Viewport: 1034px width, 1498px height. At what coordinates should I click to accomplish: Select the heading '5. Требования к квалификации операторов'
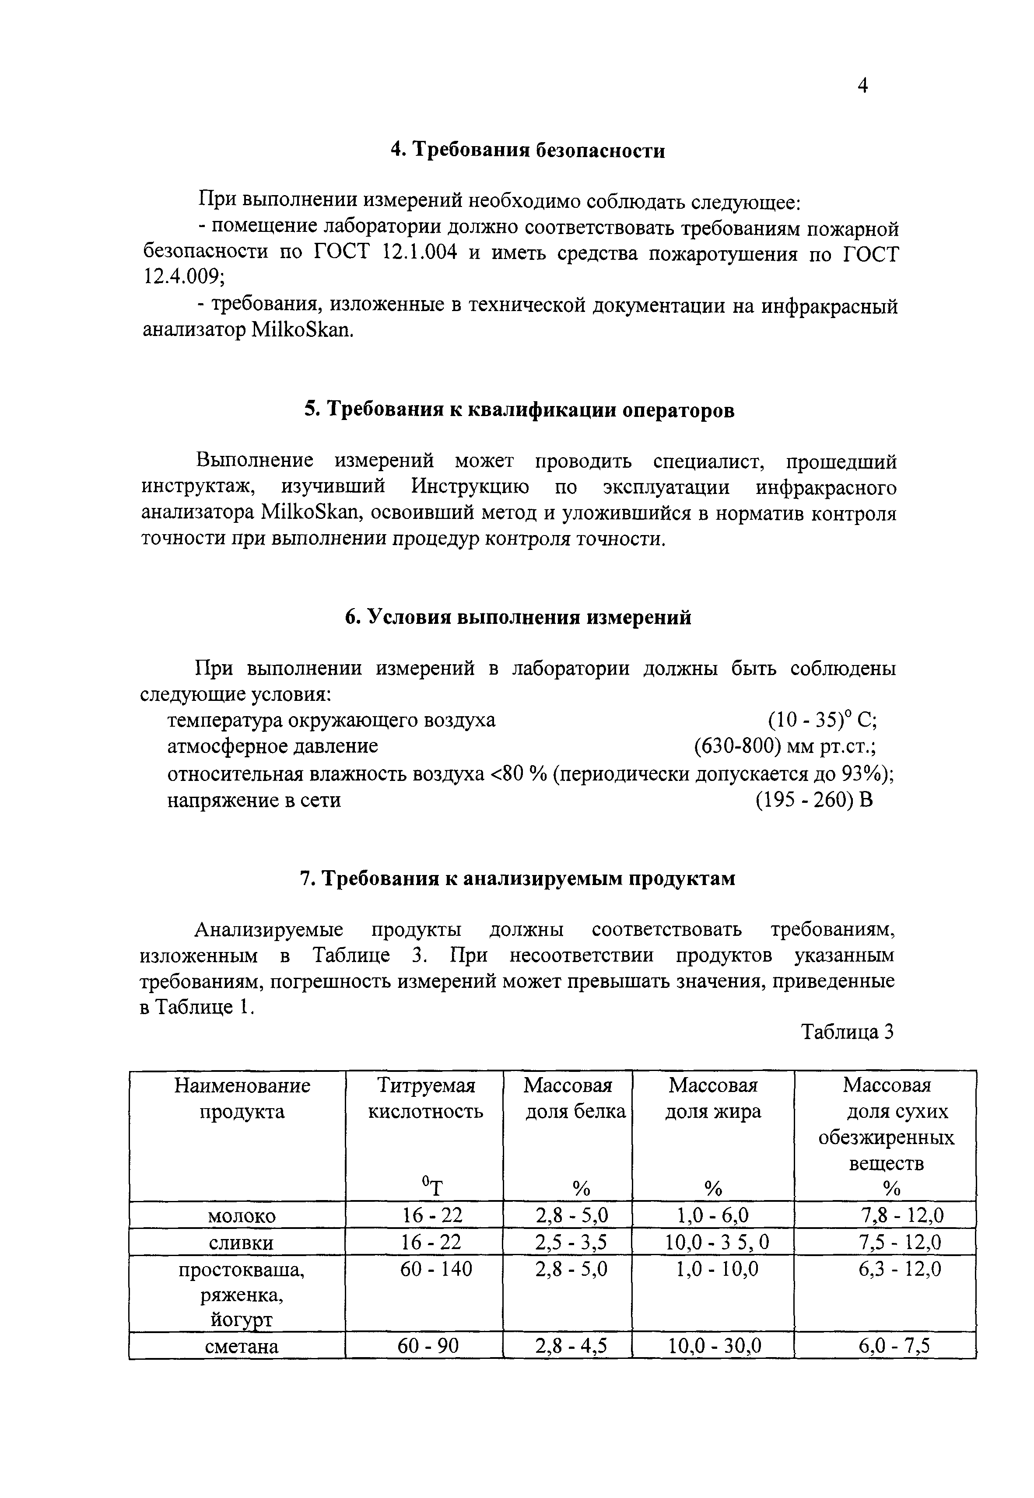(519, 410)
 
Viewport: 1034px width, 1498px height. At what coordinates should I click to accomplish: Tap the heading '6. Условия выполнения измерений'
(518, 617)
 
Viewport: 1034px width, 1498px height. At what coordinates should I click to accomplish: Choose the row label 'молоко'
(242, 1216)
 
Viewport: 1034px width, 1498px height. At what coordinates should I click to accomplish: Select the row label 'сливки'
(241, 1243)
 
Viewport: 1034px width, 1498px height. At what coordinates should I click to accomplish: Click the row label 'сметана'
(242, 1347)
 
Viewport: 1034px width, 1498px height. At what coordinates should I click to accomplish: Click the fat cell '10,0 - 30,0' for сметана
(715, 1347)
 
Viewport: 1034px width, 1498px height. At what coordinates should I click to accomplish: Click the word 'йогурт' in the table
(242, 1320)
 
